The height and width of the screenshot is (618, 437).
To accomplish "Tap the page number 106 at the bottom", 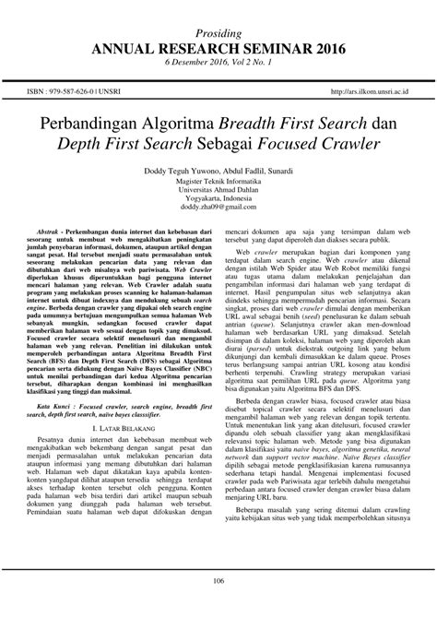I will click(218, 605).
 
